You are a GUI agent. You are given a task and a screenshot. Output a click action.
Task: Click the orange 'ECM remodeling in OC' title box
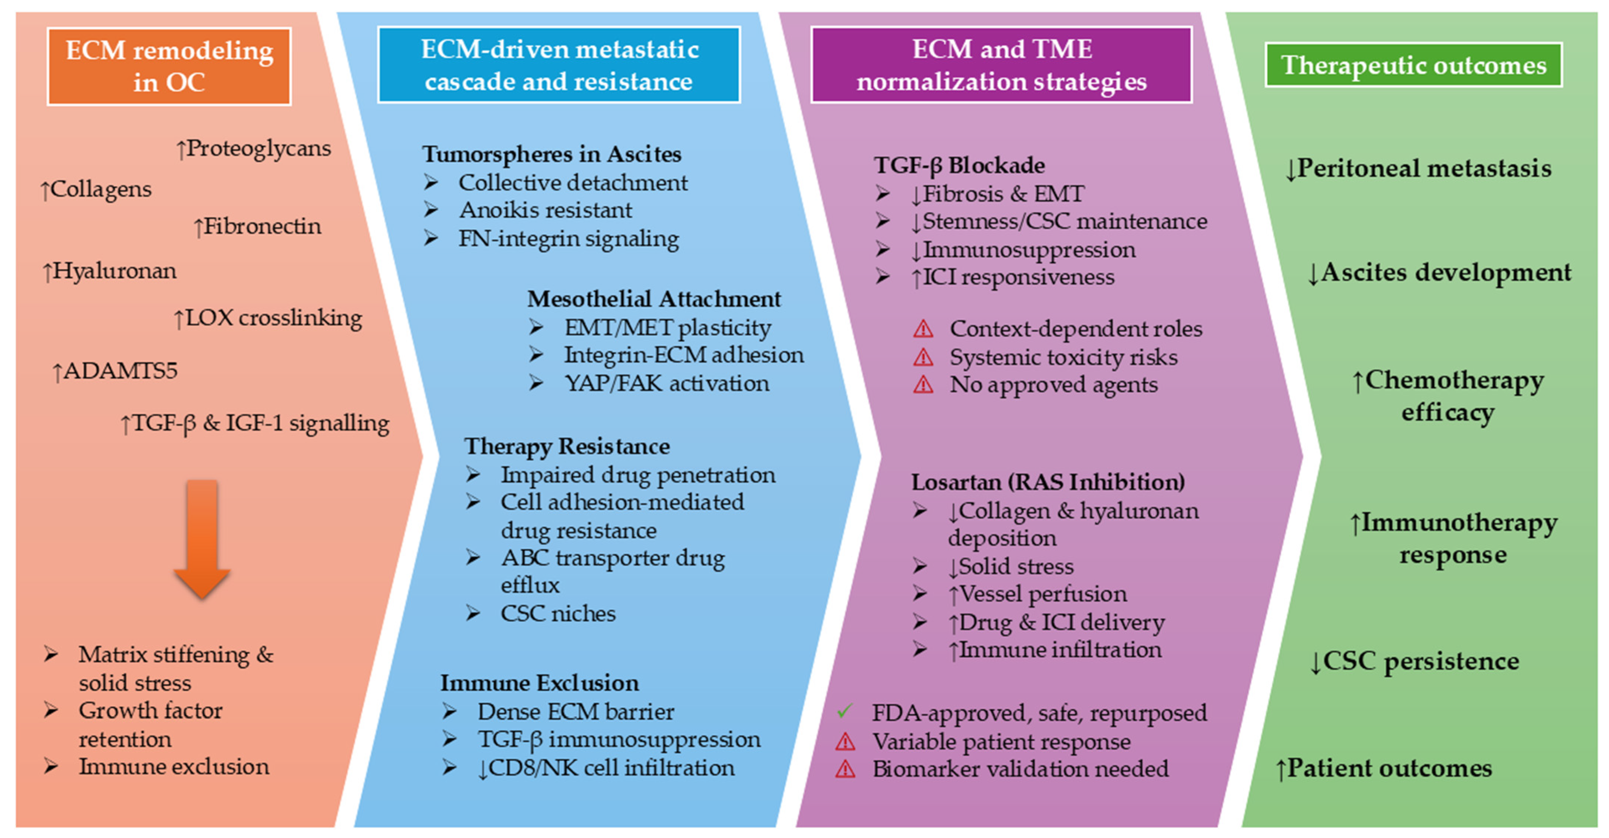[169, 66]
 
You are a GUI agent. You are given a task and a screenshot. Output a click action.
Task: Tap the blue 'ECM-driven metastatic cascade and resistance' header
[559, 65]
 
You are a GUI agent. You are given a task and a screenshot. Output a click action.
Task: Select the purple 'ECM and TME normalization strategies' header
[1001, 65]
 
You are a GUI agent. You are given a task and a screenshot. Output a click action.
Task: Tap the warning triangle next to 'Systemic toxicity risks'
[923, 358]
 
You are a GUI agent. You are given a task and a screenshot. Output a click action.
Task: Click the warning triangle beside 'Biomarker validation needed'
[845, 769]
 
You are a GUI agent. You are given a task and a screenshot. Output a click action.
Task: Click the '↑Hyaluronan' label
[109, 271]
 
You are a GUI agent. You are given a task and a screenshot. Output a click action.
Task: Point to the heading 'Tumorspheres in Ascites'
[551, 154]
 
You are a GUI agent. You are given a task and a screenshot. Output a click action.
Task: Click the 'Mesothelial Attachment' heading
[654, 299]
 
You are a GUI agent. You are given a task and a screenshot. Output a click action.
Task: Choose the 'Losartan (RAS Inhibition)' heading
[1048, 482]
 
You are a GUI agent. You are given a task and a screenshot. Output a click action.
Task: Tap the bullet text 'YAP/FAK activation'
[666, 383]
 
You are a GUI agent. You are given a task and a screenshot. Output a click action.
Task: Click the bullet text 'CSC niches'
[558, 613]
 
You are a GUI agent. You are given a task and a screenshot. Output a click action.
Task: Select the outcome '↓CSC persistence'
[1414, 661]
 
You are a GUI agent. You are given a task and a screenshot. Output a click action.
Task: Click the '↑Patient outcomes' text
[1384, 768]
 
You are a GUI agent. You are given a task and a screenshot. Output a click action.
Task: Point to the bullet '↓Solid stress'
[1010, 566]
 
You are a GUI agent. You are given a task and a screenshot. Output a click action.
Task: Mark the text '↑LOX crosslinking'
[267, 318]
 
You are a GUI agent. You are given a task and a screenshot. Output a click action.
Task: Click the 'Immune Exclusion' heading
[540, 683]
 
